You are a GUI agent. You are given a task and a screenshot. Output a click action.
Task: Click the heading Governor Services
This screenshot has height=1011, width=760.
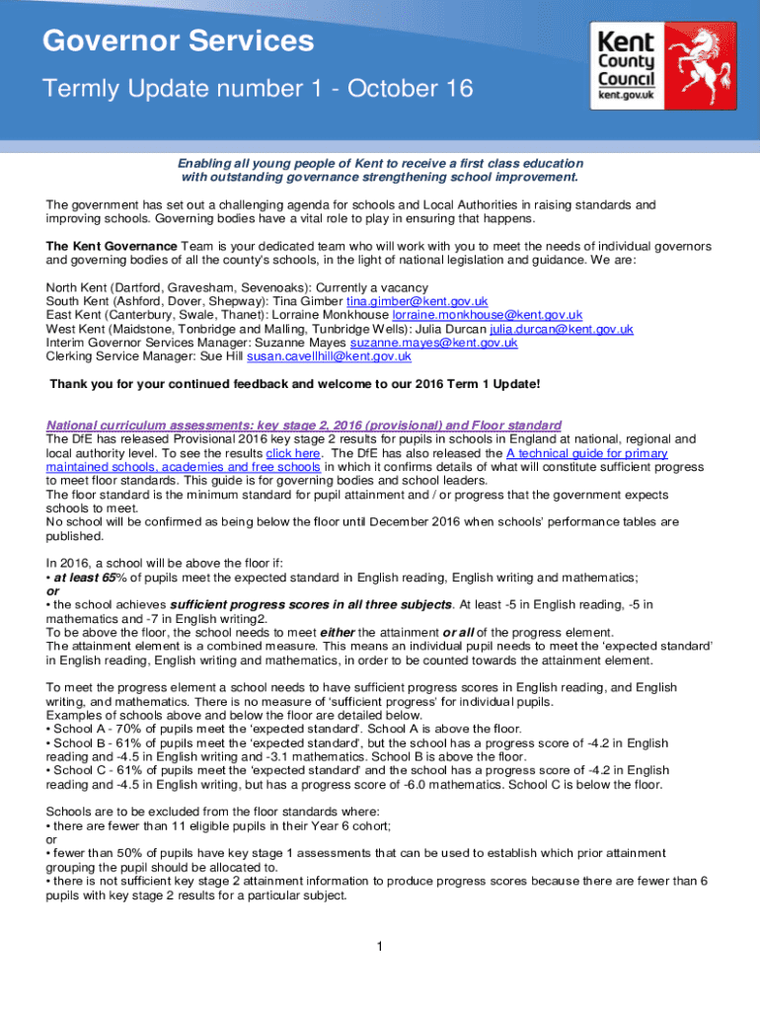(x=178, y=41)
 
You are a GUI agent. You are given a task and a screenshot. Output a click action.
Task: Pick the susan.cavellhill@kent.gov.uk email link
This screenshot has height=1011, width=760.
(x=329, y=356)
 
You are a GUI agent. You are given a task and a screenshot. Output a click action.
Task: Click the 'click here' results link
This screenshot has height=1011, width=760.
(x=293, y=453)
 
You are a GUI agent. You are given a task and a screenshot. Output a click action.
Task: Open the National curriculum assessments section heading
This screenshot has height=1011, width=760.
(x=304, y=426)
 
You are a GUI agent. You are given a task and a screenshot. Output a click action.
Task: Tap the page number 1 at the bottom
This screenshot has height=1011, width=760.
(x=379, y=948)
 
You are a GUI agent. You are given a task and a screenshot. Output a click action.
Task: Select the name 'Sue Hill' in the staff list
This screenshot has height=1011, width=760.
(x=220, y=356)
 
